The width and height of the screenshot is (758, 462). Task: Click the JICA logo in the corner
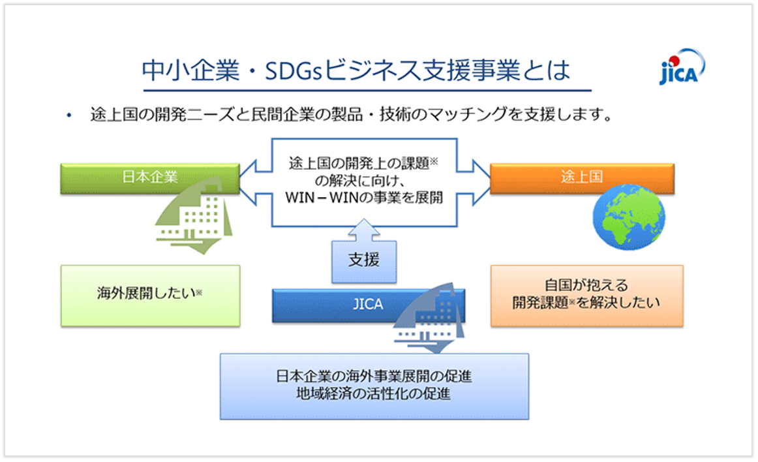click(x=682, y=68)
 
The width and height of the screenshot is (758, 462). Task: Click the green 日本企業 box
click(x=150, y=177)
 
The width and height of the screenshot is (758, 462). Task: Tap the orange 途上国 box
click(x=582, y=177)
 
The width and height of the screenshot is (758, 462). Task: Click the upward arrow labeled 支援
click(x=364, y=254)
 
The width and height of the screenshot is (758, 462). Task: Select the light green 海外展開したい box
click(x=150, y=295)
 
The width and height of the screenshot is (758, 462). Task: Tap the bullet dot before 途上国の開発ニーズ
click(x=68, y=116)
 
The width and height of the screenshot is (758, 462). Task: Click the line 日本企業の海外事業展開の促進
click(x=373, y=377)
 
